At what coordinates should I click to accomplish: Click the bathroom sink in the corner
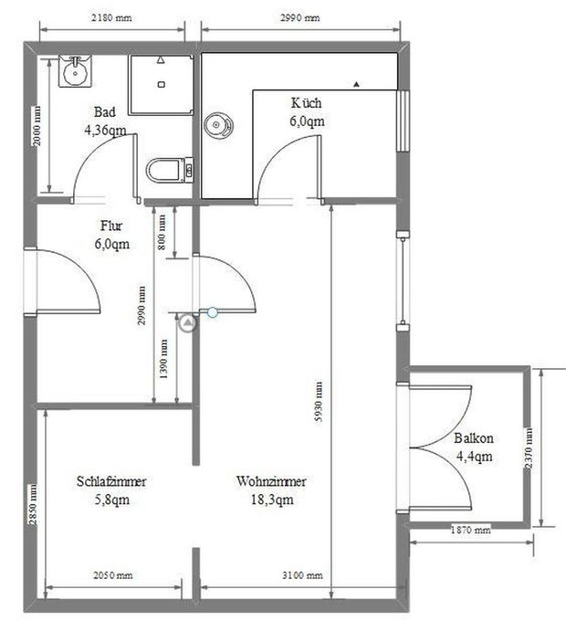click(74, 70)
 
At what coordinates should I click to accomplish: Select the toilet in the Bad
click(166, 170)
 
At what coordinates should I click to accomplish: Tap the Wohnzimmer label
click(270, 482)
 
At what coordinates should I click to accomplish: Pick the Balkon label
click(474, 438)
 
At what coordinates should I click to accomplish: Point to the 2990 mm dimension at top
click(299, 18)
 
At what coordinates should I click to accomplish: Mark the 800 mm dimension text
click(162, 233)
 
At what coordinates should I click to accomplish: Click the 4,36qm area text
click(105, 131)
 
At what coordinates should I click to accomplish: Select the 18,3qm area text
click(270, 500)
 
